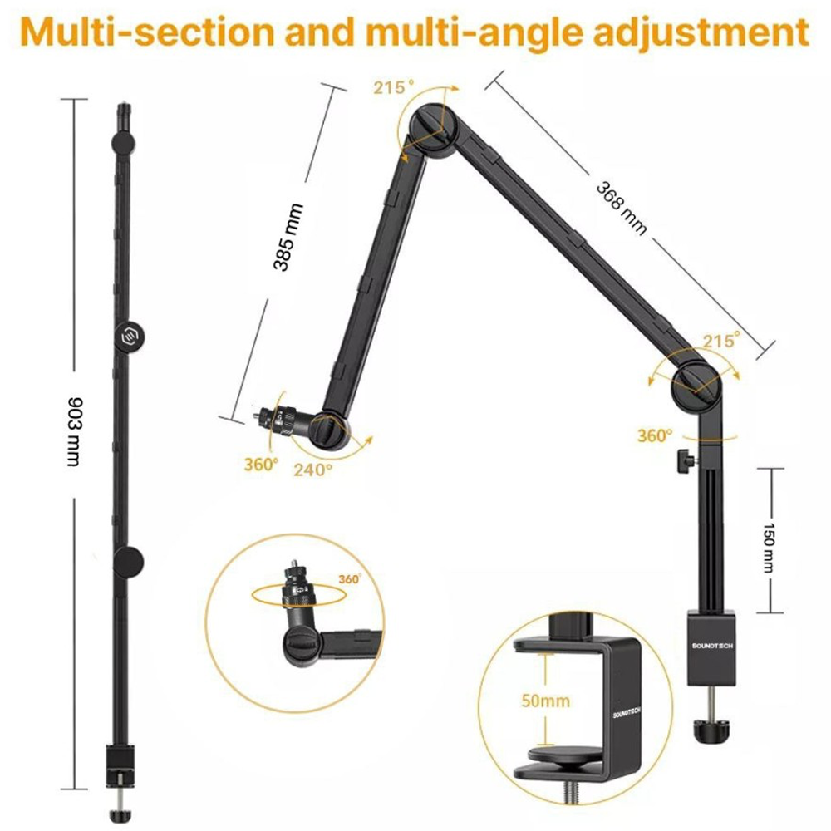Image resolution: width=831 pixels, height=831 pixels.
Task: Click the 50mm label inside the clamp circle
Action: [x=545, y=701]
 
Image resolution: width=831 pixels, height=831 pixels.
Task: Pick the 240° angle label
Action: [x=312, y=468]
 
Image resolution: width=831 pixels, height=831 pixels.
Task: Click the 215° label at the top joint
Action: [x=393, y=86]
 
